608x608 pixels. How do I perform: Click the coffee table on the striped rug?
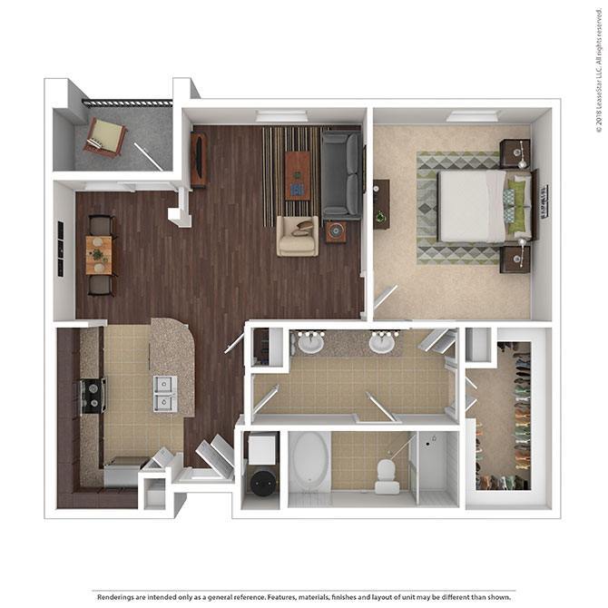(x=297, y=174)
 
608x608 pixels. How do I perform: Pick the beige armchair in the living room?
(x=298, y=236)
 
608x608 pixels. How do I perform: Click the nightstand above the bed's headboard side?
(x=515, y=152)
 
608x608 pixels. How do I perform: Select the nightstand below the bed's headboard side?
(x=515, y=259)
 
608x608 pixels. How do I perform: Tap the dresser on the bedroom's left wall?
(x=381, y=204)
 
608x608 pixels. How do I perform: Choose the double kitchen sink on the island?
(x=165, y=393)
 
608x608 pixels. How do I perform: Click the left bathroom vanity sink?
(x=311, y=344)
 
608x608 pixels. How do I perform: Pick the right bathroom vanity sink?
(x=382, y=344)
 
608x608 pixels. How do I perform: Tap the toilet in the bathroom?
(x=386, y=472)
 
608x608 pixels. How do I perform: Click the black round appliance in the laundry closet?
(x=260, y=482)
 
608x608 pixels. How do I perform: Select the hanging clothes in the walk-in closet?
(x=520, y=408)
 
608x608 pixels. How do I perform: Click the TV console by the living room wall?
(x=197, y=159)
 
